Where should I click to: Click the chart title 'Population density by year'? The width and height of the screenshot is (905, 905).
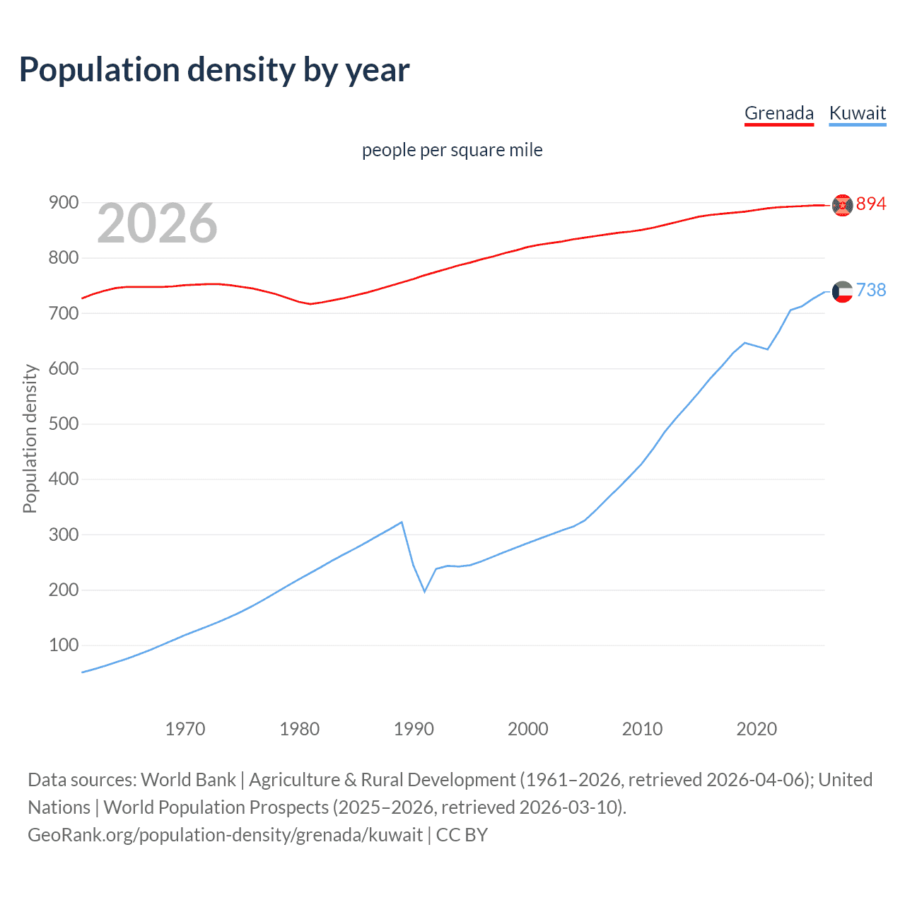214,70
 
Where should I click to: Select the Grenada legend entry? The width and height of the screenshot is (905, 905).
778,113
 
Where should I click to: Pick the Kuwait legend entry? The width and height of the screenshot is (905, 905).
857,113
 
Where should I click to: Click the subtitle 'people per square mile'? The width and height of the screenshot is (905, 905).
452,150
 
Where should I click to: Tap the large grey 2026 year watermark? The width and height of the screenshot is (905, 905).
157,223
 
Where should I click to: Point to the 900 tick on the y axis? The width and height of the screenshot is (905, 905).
63,203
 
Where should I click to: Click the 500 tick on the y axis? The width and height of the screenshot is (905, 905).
63,424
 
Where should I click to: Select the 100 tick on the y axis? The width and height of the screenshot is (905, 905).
63,646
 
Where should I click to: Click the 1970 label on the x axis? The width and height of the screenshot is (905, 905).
185,729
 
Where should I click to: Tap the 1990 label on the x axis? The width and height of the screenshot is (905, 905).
414,729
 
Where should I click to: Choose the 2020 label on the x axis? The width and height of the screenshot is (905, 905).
757,729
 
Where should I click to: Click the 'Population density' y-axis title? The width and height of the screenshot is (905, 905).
30,438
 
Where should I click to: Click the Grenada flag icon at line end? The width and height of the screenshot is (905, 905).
842,205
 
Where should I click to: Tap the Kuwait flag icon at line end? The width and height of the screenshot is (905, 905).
842,291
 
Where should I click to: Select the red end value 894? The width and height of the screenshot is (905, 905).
871,204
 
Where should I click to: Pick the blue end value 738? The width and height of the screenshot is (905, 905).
871,291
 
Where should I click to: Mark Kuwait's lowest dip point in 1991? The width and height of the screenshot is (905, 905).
425,591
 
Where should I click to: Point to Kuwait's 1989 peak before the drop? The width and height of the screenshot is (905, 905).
402,522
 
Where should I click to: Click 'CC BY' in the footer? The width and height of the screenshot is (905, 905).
462,835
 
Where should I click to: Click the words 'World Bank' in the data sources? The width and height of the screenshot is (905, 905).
188,780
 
